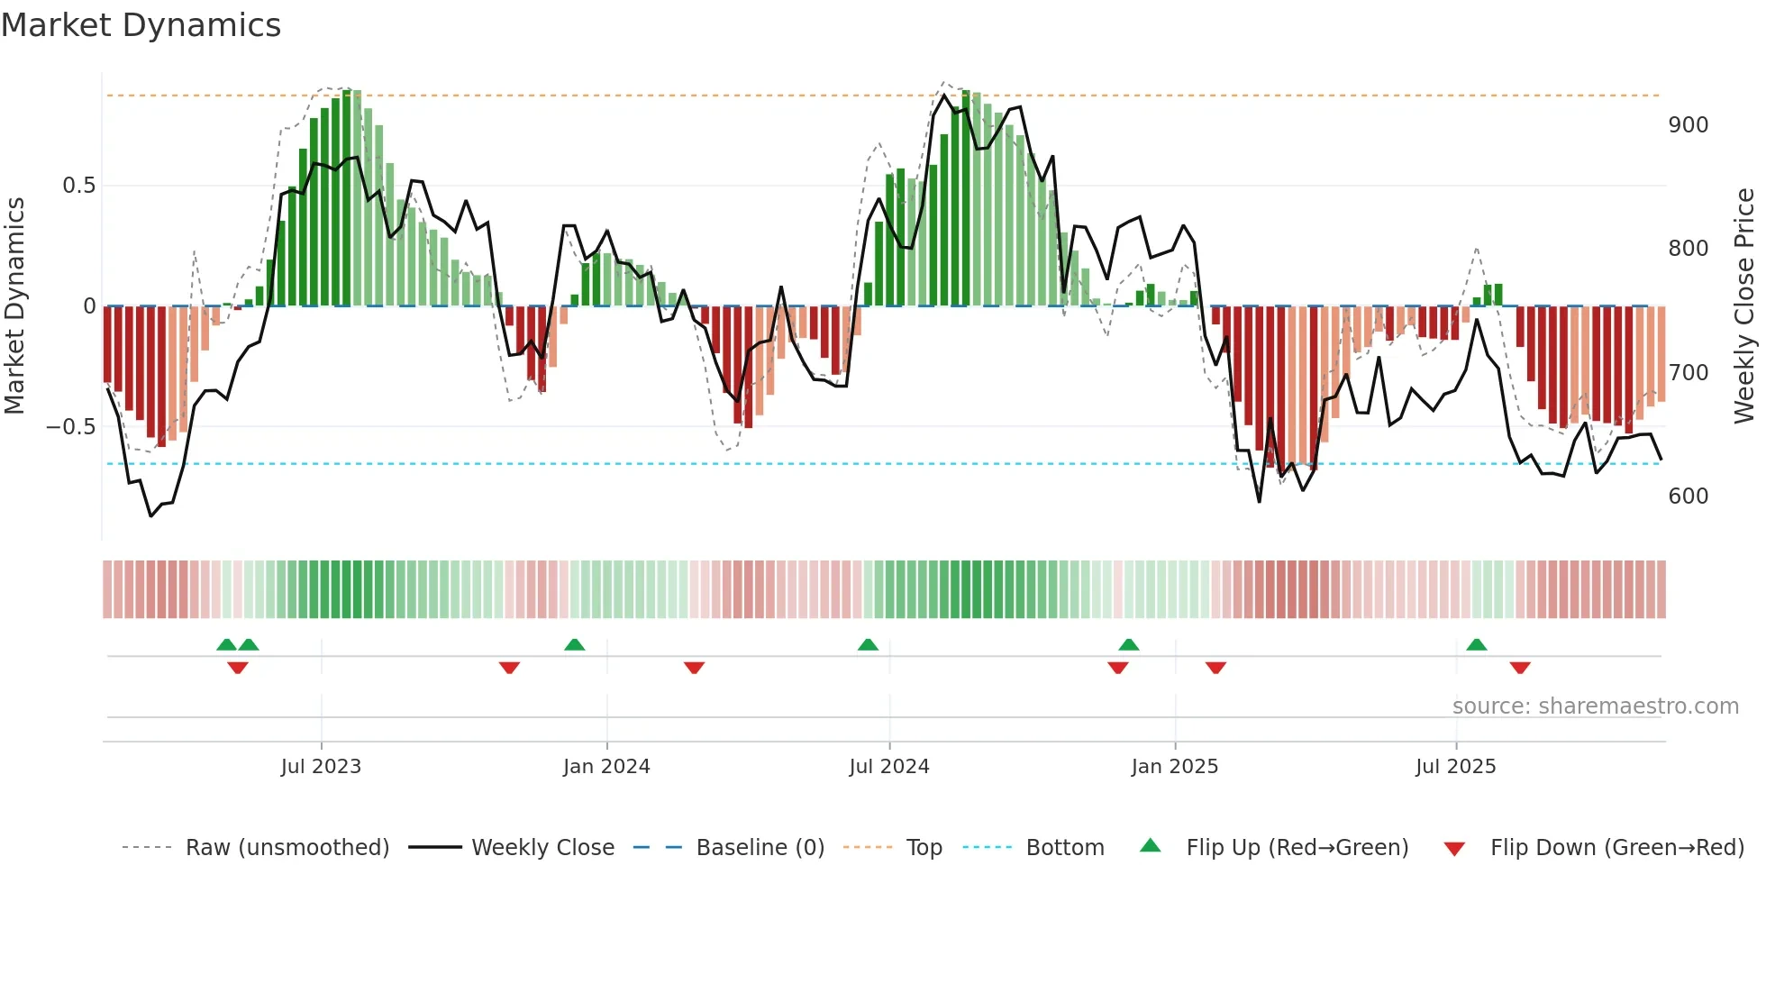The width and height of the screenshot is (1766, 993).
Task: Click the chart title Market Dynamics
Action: (x=141, y=25)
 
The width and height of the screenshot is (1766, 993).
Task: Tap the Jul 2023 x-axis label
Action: (x=321, y=766)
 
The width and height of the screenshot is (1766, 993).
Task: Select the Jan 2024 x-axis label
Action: (x=606, y=766)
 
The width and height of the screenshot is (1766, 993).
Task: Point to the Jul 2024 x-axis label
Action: (x=889, y=766)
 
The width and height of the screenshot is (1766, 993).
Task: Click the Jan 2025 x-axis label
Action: (x=1175, y=766)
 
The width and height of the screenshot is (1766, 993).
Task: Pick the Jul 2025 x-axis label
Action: (x=1456, y=766)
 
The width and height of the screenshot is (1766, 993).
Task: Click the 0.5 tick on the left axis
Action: (x=78, y=185)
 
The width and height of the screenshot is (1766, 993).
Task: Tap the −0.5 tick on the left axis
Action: (x=71, y=426)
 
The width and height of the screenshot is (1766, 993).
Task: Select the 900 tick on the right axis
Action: (x=1689, y=124)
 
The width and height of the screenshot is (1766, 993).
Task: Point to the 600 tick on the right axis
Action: (x=1689, y=496)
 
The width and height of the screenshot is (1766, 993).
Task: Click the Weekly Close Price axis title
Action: (x=1744, y=305)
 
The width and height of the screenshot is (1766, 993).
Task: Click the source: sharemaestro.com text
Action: (x=1595, y=706)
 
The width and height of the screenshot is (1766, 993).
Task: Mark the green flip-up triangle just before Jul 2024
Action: (x=868, y=644)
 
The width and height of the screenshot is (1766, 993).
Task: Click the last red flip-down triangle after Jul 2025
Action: (x=1520, y=668)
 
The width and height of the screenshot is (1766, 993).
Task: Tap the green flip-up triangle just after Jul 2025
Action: (x=1476, y=644)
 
